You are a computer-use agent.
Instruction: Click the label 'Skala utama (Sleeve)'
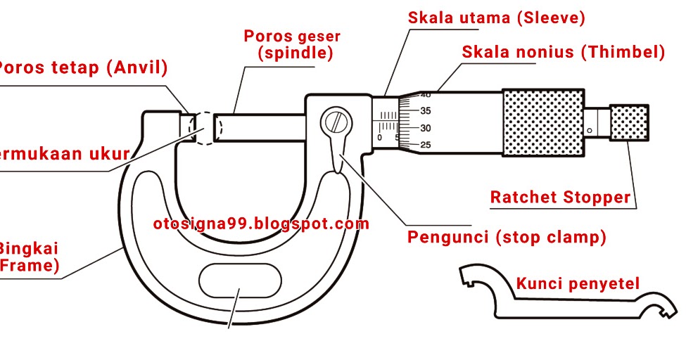(x=496, y=18)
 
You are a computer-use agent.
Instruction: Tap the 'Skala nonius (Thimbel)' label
(x=563, y=52)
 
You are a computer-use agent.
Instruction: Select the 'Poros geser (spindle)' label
(x=292, y=44)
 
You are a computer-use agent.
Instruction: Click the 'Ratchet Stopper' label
(x=560, y=198)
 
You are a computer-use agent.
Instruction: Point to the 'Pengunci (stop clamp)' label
(x=507, y=237)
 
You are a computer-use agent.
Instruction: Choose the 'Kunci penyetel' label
(x=578, y=284)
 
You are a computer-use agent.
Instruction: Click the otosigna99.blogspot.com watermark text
(x=261, y=224)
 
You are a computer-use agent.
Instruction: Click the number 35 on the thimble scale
(x=426, y=111)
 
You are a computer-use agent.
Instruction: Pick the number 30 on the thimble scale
(x=426, y=128)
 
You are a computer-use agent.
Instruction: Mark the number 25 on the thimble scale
(x=426, y=145)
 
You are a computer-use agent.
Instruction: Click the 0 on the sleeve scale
(x=380, y=138)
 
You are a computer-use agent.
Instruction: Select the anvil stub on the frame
(x=188, y=127)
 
